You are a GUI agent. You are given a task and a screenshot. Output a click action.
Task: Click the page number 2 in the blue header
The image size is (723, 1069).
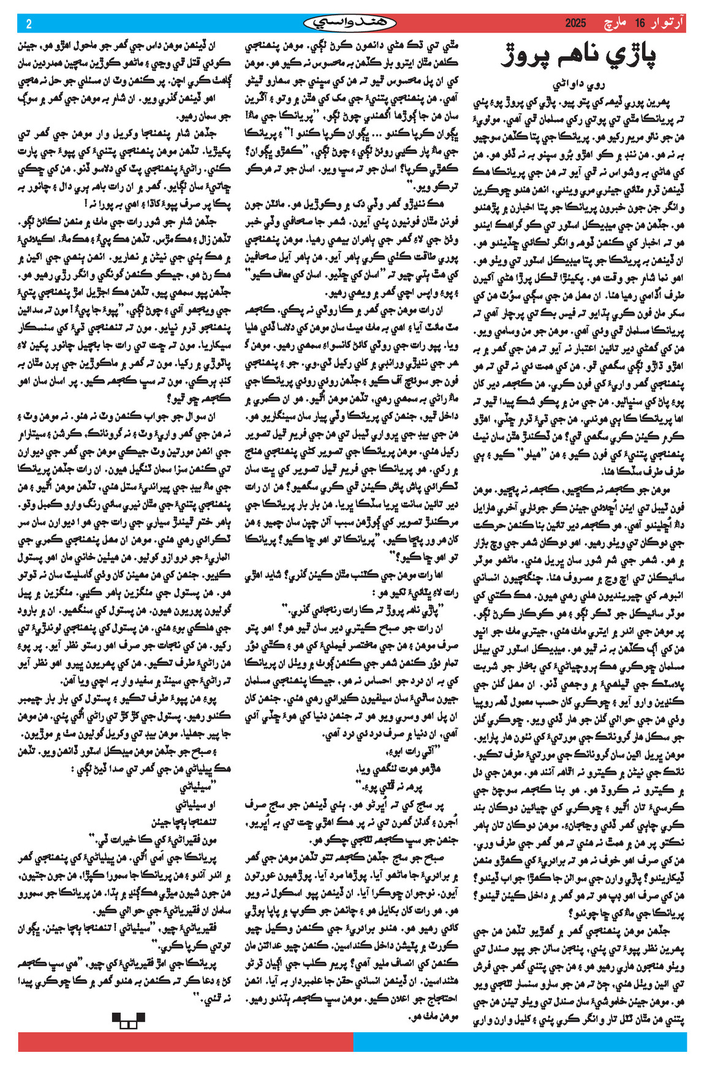[x=28, y=24]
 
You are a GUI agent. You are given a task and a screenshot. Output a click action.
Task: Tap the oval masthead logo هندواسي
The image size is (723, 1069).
[x=350, y=24]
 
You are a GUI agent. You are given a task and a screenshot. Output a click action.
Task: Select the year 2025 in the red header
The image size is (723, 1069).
[x=575, y=24]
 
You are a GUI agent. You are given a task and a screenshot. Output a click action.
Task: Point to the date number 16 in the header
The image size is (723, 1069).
[x=640, y=24]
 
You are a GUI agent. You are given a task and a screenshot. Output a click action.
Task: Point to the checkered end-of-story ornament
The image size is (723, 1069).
[x=128, y=1021]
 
